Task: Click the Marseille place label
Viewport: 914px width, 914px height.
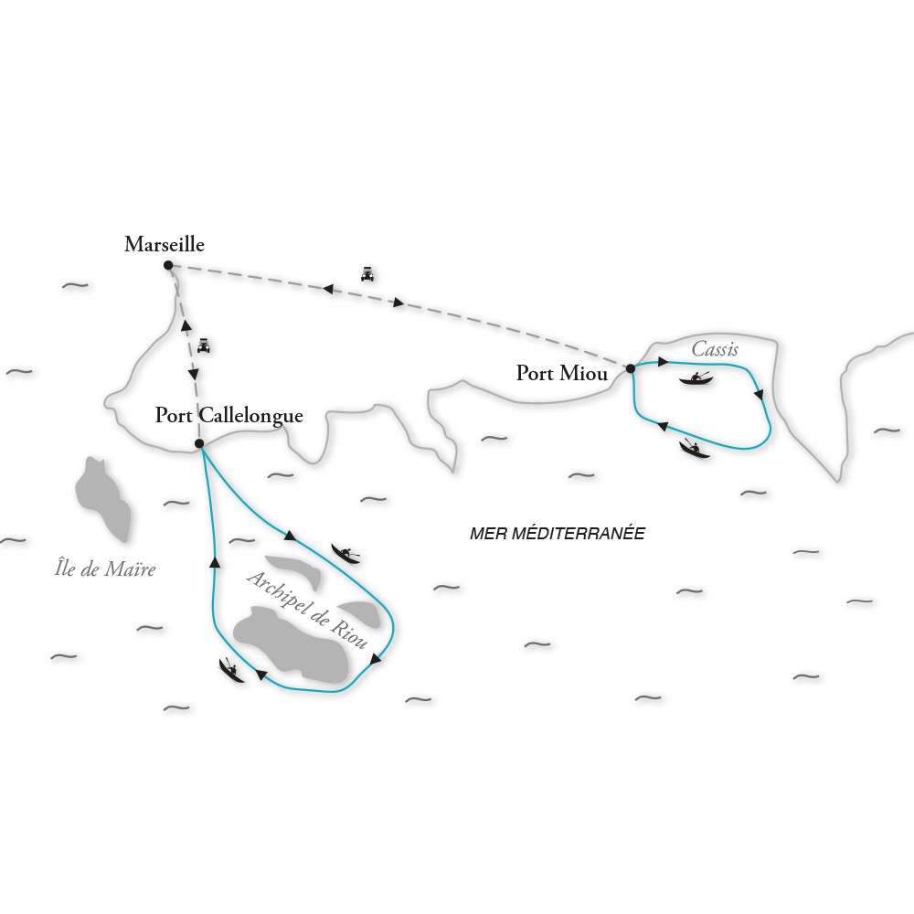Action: coord(165,245)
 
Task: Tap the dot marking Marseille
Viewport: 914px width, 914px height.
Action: coord(168,266)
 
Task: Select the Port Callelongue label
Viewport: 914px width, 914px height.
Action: coord(228,416)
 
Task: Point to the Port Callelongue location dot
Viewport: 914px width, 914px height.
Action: coord(199,445)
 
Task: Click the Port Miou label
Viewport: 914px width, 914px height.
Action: coord(561,373)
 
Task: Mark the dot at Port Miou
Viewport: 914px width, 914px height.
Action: coord(630,367)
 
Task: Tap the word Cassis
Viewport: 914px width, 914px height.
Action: coord(716,349)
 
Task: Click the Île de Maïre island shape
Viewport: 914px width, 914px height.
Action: coord(103,498)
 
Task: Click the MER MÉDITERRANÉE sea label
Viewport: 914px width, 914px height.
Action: coord(557,534)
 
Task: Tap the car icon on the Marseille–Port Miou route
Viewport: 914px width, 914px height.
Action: coord(367,271)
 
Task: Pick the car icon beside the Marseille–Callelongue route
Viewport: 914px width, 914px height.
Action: coord(204,345)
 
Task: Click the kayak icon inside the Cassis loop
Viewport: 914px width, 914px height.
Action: coord(696,378)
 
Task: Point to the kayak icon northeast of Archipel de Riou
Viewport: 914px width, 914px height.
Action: coord(345,553)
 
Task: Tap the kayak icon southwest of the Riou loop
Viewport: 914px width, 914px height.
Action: coord(231,669)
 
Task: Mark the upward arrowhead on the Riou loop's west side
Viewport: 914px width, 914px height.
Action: coord(215,563)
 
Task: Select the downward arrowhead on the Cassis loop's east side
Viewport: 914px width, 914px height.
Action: coord(759,395)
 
